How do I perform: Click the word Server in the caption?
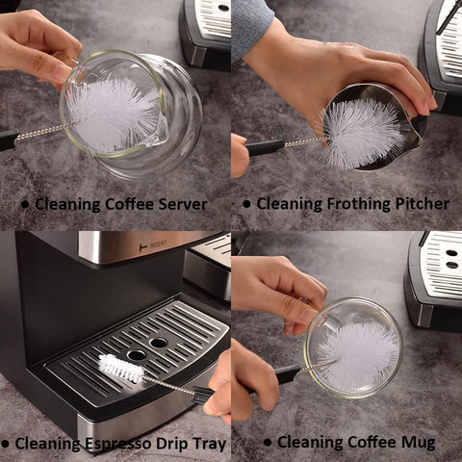click(181, 204)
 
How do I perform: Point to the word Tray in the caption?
click(209, 443)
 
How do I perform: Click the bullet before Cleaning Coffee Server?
click(25, 205)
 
